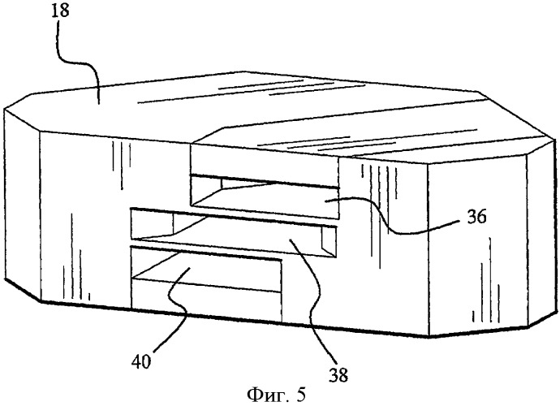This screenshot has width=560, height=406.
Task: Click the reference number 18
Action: (59, 11)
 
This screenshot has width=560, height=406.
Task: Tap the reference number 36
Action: (476, 217)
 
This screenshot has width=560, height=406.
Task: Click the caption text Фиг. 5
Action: (276, 395)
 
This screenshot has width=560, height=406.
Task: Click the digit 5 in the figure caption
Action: (301, 395)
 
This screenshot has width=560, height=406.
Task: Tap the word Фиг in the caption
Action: (265, 395)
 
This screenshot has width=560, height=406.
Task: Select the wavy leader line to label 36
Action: (383, 218)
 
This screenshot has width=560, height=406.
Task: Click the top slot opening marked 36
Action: (265, 197)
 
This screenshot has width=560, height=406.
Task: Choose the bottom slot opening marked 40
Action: (205, 265)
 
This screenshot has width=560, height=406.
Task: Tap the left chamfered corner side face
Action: (22, 204)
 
